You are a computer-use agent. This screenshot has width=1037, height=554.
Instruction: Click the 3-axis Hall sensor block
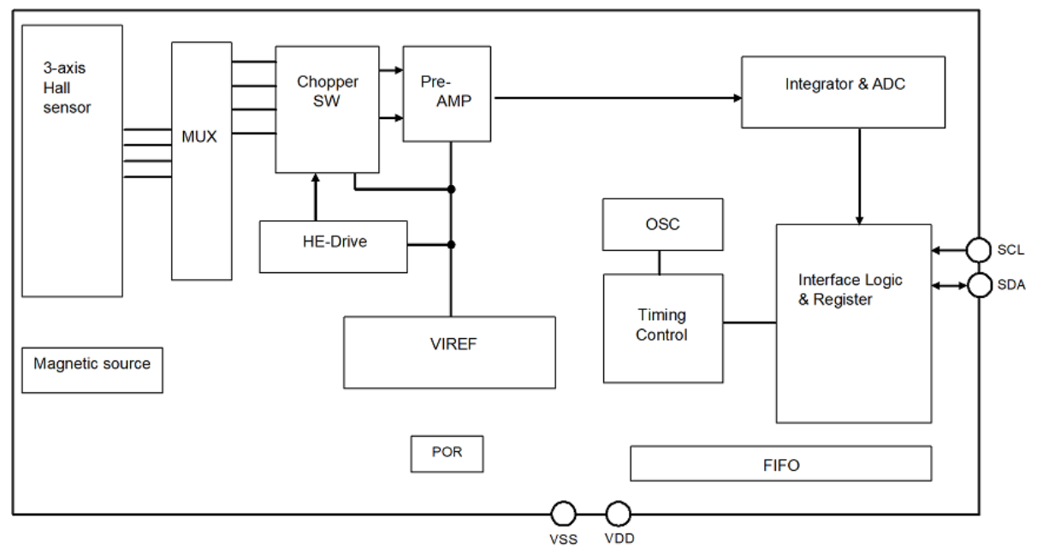click(72, 161)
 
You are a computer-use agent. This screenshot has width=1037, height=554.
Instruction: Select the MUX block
click(201, 161)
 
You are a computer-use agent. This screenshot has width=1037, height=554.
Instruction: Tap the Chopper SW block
click(327, 110)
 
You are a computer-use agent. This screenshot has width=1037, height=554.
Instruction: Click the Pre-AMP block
click(447, 94)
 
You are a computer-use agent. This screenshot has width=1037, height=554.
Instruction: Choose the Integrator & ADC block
click(843, 92)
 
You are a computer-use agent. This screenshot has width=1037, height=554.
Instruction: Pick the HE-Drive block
click(333, 247)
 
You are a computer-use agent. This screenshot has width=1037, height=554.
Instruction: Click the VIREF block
click(449, 352)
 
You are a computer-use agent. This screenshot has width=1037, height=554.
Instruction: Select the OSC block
click(662, 224)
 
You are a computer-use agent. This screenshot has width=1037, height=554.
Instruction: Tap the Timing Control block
click(662, 328)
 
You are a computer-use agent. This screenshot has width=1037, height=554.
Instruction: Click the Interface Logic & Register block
click(853, 324)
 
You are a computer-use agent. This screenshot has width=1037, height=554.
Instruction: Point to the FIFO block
click(780, 463)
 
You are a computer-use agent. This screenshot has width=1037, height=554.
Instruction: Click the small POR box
click(447, 454)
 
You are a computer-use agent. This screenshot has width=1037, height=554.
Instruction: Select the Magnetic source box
click(92, 369)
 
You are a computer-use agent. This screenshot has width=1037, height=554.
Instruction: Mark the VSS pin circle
click(562, 514)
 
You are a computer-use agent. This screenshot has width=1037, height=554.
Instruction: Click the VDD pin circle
click(618, 514)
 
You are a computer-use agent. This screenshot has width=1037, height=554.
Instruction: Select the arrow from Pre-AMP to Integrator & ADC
click(616, 98)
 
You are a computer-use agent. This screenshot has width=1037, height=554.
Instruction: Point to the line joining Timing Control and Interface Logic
click(750, 323)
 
